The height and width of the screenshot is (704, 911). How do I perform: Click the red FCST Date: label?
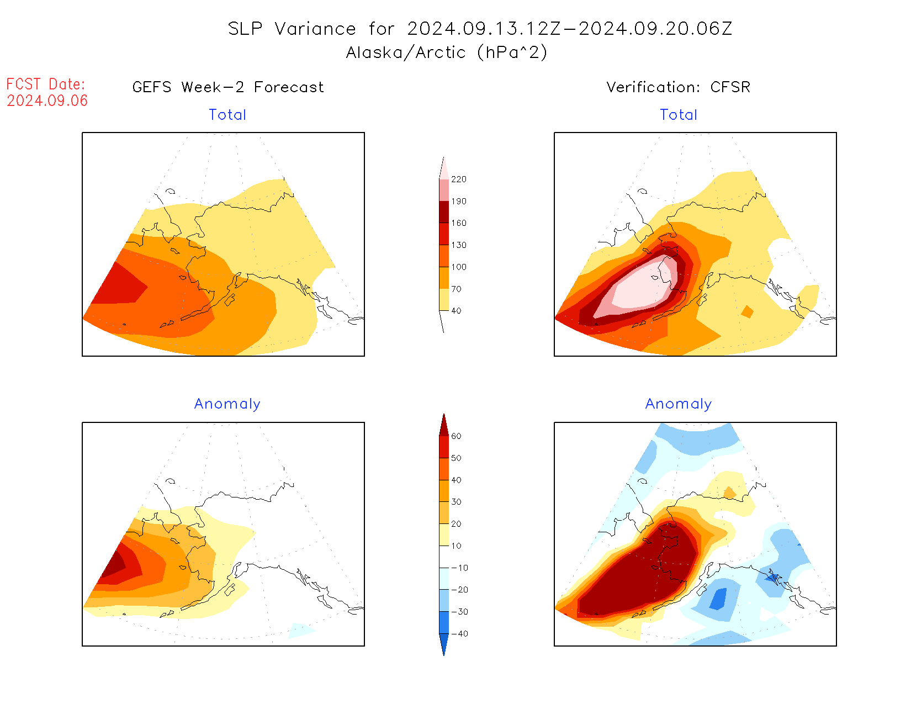[x=46, y=84]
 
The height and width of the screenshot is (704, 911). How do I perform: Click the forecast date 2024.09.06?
[x=47, y=100]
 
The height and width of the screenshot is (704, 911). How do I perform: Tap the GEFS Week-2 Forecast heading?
[x=228, y=87]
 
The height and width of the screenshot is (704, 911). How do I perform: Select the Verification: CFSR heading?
[x=678, y=87]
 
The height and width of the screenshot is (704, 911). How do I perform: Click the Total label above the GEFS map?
[x=227, y=115]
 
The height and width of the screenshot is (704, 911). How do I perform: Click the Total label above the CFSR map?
[x=679, y=115]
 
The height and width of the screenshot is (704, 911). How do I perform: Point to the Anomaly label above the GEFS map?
[x=227, y=404]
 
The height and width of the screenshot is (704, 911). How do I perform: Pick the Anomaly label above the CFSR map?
[x=679, y=404]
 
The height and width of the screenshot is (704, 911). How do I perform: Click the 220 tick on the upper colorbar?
[x=458, y=179]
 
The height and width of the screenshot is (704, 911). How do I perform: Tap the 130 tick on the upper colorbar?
[x=458, y=245]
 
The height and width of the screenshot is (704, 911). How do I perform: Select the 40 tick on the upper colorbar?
[x=456, y=311]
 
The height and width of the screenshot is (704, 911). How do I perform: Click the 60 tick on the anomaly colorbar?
[x=456, y=436]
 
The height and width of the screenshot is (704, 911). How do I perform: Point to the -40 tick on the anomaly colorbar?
[x=459, y=634]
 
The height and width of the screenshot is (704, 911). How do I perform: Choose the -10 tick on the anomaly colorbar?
[x=459, y=568]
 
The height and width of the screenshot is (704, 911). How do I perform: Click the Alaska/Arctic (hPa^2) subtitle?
[x=447, y=52]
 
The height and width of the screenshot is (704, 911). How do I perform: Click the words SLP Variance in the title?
[x=292, y=29]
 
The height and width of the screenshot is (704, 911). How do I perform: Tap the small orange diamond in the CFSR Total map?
[x=747, y=312]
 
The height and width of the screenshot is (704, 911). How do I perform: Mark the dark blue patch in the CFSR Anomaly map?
[x=718, y=599]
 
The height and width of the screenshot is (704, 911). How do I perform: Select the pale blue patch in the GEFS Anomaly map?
[x=300, y=630]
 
